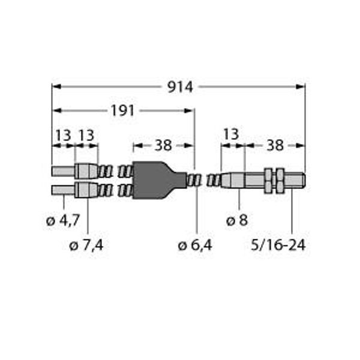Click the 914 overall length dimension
[180, 87]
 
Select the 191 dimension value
[122, 110]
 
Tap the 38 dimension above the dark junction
[163, 145]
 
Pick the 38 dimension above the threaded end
[275, 145]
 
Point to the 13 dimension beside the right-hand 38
[231, 134]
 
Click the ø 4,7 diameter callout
[63, 221]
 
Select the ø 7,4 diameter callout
[86, 245]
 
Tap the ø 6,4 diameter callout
[195, 245]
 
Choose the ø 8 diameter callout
[237, 221]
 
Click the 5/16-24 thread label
[278, 245]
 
